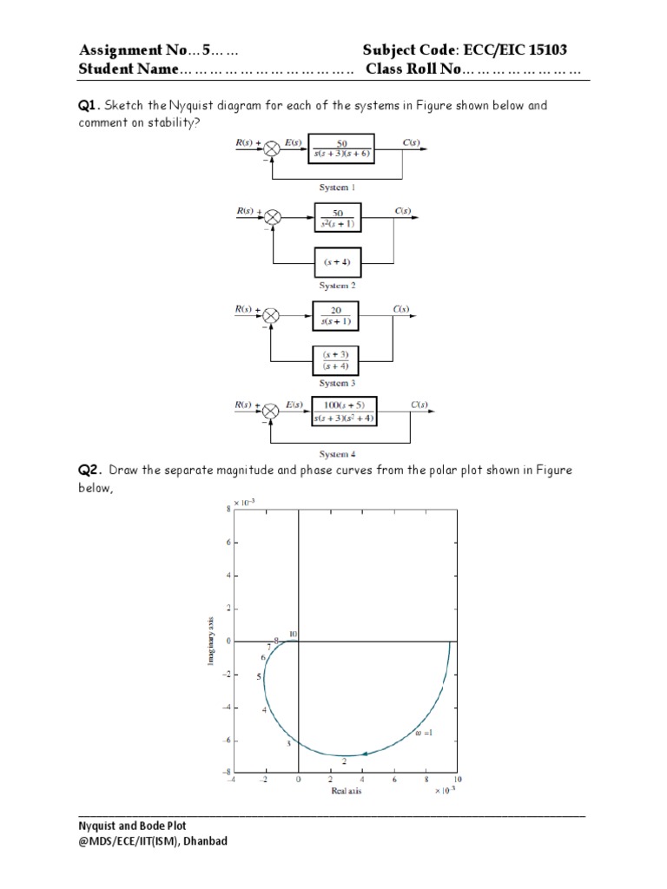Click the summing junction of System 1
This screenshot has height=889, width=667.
[272, 148]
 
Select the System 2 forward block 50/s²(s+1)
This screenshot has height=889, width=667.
[336, 219]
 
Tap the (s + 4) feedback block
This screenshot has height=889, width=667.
[335, 260]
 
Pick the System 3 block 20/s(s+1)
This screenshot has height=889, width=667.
[335, 317]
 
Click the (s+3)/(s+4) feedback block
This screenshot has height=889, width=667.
[336, 359]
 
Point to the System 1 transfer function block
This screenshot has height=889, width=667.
[341, 148]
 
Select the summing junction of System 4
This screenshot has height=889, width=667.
[272, 412]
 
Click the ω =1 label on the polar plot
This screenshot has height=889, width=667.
[423, 733]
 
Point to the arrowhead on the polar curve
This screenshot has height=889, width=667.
[367, 753]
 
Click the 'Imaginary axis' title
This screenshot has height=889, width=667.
[211, 641]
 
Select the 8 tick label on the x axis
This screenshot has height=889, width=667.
[425, 780]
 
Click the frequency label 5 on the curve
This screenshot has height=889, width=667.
[259, 676]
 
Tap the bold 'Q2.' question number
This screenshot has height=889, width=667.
[90, 471]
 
